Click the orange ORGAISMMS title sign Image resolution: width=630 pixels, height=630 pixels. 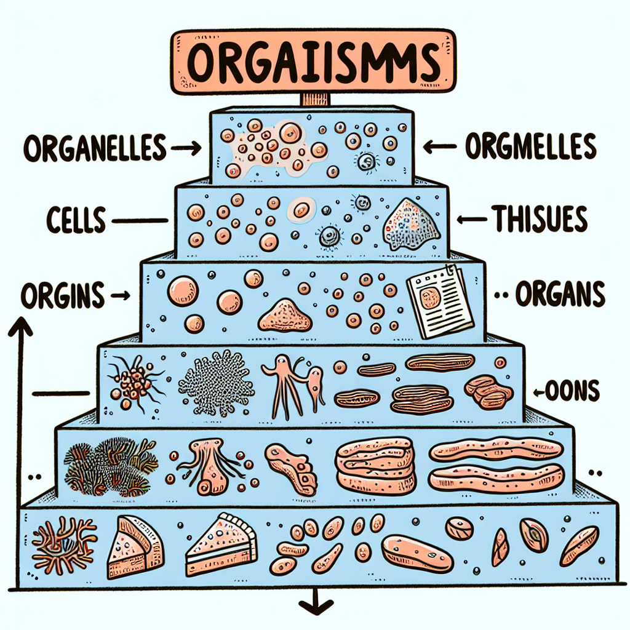[315, 62]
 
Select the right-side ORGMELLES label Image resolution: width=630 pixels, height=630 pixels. [530, 147]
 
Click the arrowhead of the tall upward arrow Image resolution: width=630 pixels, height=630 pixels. [20, 324]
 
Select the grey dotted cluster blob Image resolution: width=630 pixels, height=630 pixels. [217, 381]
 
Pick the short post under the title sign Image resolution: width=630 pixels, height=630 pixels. [315, 100]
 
